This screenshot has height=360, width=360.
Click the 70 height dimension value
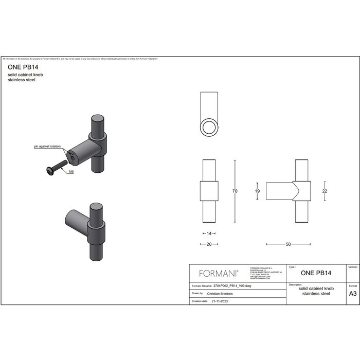[x=235, y=191]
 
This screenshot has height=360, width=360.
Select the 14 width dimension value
[x=209, y=233]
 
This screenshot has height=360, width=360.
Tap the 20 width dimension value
[x=209, y=244]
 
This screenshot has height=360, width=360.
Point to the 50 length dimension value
[x=289, y=244]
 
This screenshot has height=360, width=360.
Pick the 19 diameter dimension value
[x=257, y=191]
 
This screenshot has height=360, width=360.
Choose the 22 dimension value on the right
[x=325, y=191]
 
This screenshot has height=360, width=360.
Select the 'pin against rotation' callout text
[x=47, y=147]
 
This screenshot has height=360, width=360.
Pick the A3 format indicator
[x=353, y=294]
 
